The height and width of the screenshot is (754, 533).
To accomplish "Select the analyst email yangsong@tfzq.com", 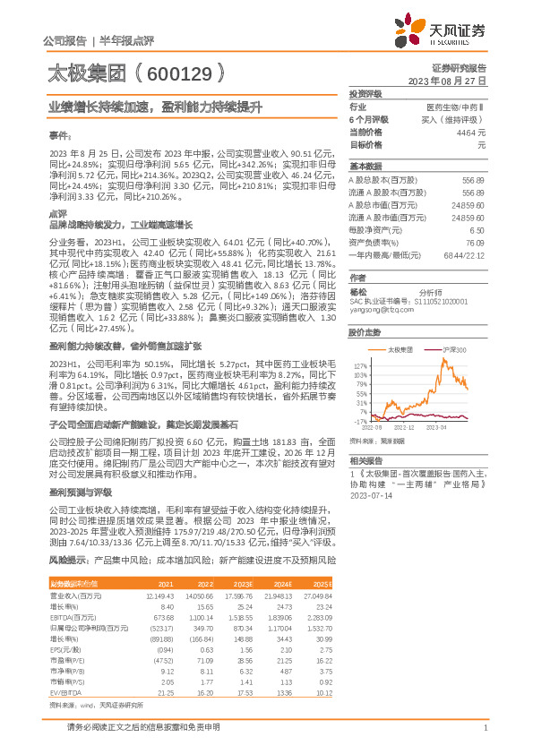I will coord(378,309).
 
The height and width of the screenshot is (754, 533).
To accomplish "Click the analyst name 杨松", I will coord(358,291).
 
